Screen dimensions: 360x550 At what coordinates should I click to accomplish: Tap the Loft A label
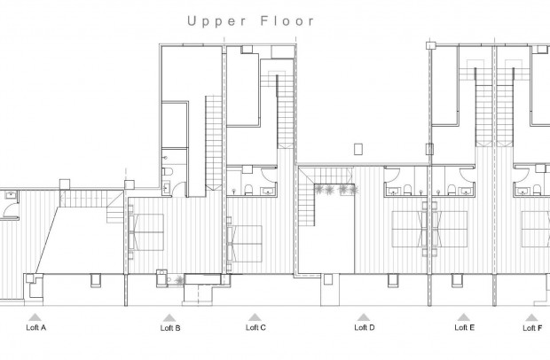pyautogui.click(x=35, y=328)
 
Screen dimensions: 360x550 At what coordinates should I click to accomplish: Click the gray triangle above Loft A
pyautogui.click(x=35, y=316)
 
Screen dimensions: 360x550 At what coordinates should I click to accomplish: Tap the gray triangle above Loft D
pyautogui.click(x=364, y=316)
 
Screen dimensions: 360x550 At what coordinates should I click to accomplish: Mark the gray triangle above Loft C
pyautogui.click(x=255, y=316)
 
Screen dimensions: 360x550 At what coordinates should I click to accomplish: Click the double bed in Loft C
pyautogui.click(x=245, y=238)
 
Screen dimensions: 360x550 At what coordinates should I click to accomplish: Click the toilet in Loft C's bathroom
pyautogui.click(x=249, y=187)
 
